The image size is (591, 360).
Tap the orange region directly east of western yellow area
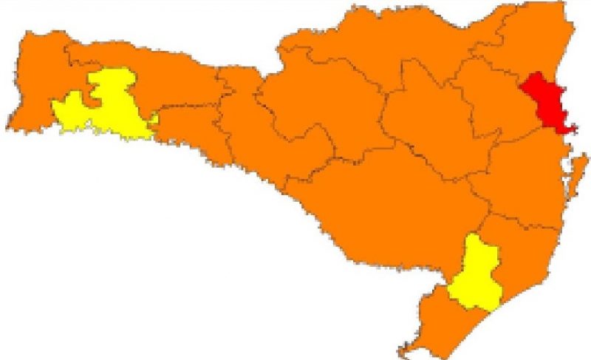pyautogui.click(x=185, y=126)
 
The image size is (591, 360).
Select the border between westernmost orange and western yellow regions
pyautogui.click(x=54, y=111)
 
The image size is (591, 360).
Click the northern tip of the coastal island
pyautogui.click(x=584, y=155)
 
